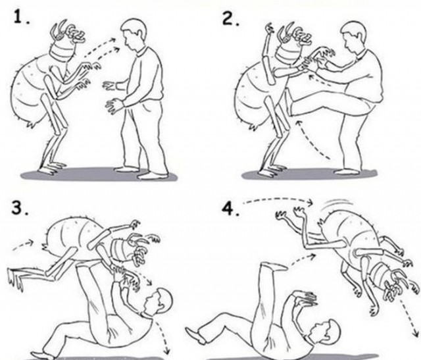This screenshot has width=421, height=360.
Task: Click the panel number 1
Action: (x=20, y=18)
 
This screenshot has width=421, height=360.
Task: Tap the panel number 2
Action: (x=230, y=19)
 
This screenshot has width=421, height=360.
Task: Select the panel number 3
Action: (x=19, y=208)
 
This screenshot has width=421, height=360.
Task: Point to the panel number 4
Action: (x=230, y=209)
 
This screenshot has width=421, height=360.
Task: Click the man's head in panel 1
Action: (x=134, y=33)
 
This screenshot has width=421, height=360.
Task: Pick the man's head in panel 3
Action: (x=158, y=301)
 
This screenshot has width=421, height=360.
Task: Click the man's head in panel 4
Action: (x=326, y=331)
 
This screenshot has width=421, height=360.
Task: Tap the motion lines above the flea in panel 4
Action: (x=337, y=203)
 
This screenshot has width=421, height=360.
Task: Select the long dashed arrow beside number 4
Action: (x=278, y=199)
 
